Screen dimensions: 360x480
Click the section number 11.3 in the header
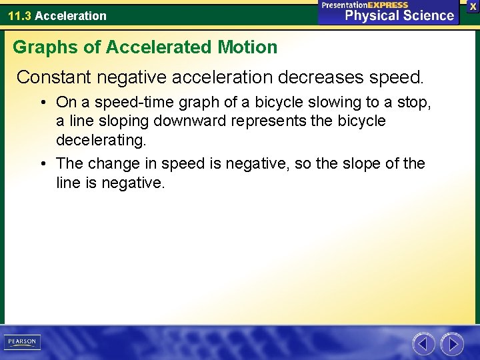[x=19, y=15]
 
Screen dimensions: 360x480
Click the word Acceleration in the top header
[x=70, y=15]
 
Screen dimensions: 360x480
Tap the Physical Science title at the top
[x=399, y=15]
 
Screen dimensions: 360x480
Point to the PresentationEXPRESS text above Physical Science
[x=365, y=5]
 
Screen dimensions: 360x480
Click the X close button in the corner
[x=473, y=5]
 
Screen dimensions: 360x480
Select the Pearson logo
[x=22, y=342]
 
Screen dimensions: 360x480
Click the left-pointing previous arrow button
[x=423, y=344]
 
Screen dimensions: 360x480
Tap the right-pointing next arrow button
[x=452, y=344]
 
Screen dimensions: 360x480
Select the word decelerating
[x=101, y=140]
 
